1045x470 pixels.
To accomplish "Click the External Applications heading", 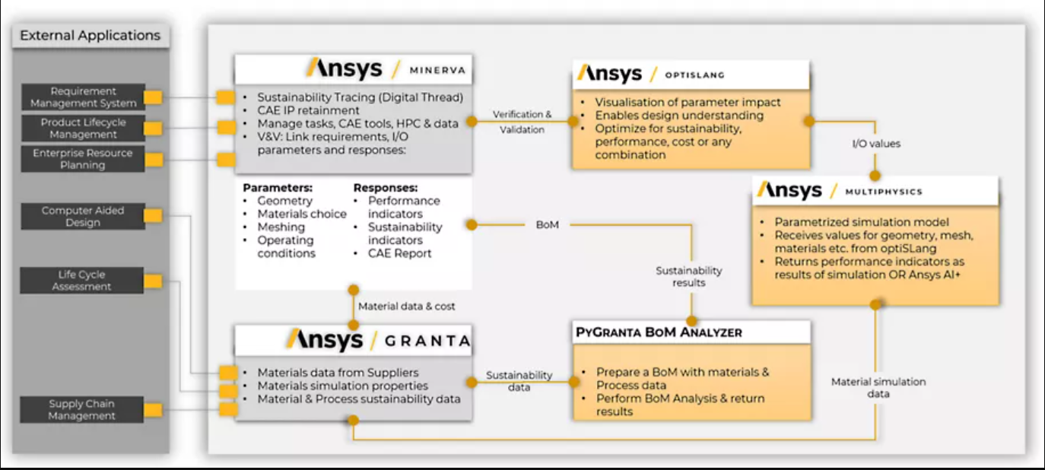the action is click(90, 36).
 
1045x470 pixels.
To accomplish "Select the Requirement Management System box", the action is click(83, 97).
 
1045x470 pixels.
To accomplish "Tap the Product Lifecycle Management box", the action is click(83, 129).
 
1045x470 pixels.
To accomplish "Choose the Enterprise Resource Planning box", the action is click(83, 159).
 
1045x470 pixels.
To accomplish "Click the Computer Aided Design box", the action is click(83, 216).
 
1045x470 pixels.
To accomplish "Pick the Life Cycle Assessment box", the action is click(81, 280).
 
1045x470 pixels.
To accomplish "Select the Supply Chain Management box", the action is click(81, 409).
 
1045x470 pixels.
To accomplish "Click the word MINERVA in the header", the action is click(437, 71).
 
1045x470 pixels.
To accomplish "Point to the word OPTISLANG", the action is click(694, 75).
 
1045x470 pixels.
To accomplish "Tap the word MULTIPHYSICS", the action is click(884, 192).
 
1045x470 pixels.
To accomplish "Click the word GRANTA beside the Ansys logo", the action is click(427, 341).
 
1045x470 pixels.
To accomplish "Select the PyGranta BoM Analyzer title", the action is click(659, 332).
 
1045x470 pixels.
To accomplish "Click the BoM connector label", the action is click(548, 225).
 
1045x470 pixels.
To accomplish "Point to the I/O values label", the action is click(876, 144).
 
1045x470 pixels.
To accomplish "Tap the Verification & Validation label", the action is click(522, 122).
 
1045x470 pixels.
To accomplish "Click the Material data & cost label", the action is click(406, 306).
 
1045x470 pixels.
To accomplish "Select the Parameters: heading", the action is click(278, 188).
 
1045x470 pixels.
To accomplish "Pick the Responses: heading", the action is click(386, 188).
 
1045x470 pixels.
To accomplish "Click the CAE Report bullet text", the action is click(399, 253).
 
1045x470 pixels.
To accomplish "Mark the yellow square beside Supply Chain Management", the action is click(153, 410).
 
